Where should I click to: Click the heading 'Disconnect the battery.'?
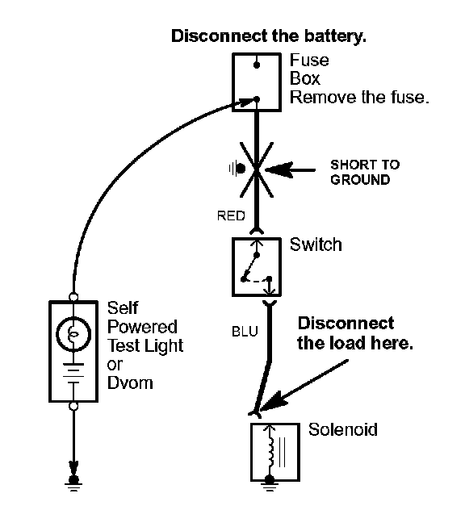[x=269, y=36]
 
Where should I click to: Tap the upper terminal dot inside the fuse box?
[x=257, y=65]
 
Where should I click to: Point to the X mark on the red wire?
[x=257, y=169]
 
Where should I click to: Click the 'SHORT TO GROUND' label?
[x=365, y=172]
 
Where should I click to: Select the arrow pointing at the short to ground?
[x=291, y=169]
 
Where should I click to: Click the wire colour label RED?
[x=231, y=215]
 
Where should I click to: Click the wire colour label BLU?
[x=245, y=332]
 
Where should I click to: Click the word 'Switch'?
[x=316, y=245]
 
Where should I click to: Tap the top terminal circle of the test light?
[x=73, y=297]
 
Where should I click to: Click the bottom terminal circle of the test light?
[x=73, y=406]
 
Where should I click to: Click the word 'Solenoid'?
[x=343, y=429]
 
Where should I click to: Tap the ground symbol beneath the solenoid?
[x=270, y=483]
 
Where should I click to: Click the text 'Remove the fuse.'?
[x=359, y=98]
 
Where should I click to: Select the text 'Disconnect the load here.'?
[x=354, y=333]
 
